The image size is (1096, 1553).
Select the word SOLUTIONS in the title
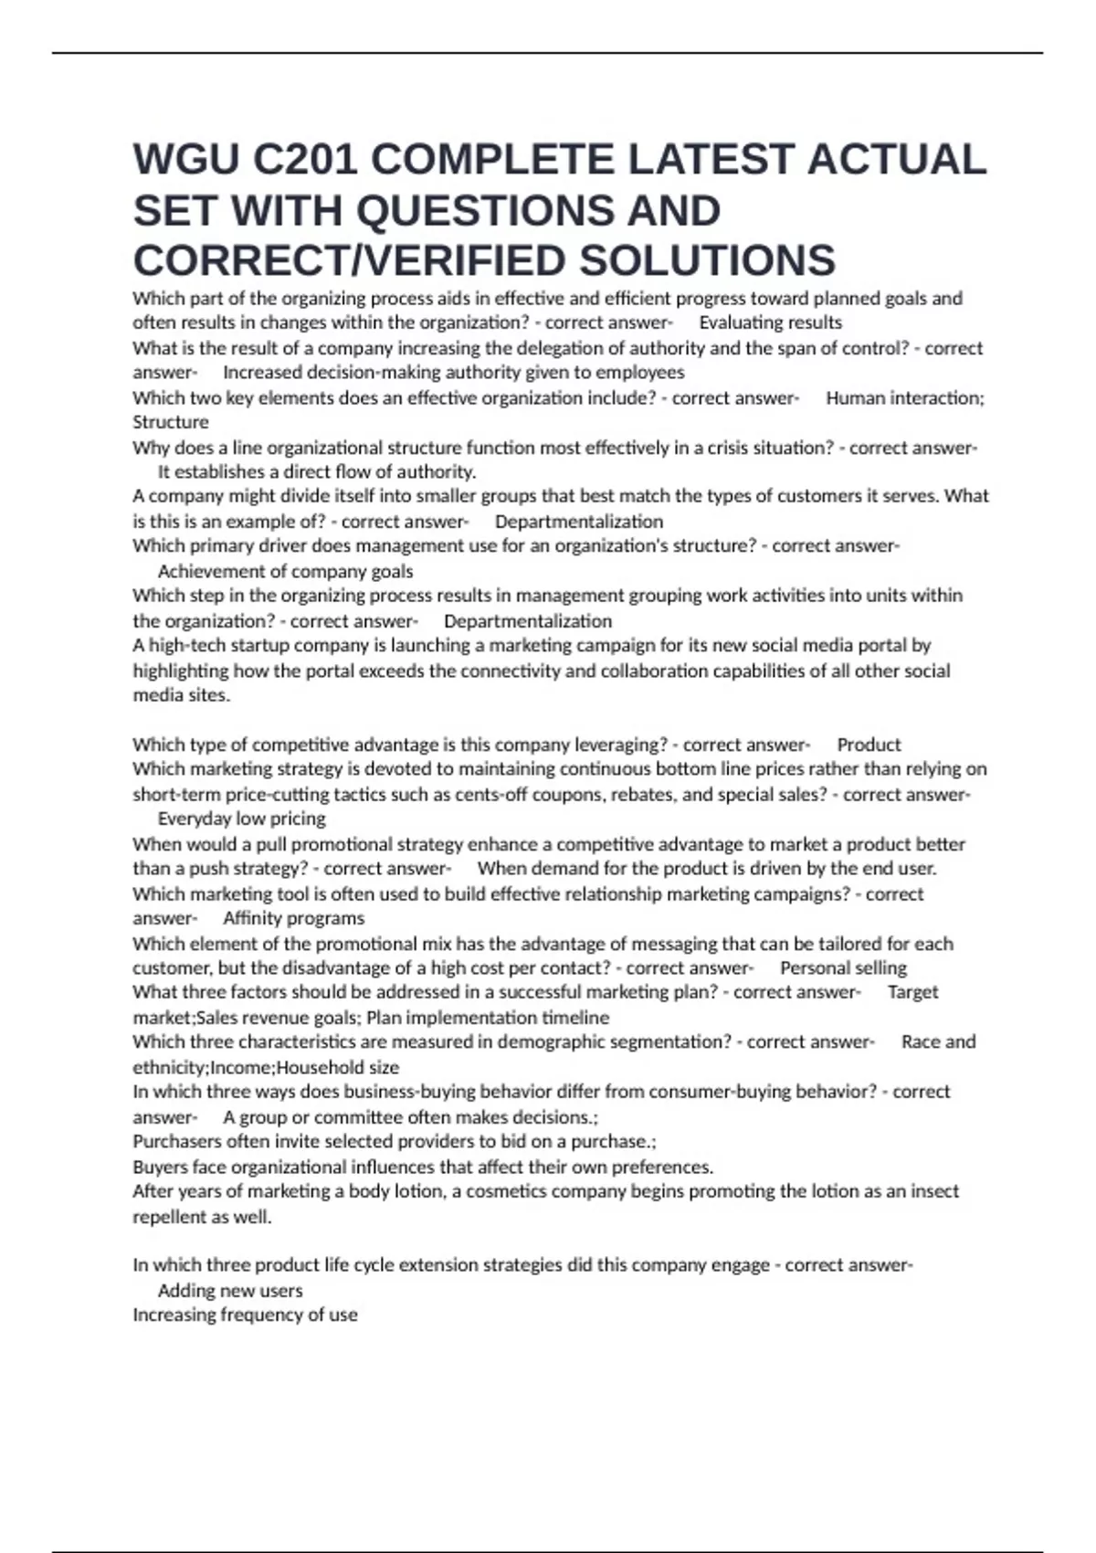coord(707,261)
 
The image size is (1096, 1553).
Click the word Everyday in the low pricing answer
coord(195,819)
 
